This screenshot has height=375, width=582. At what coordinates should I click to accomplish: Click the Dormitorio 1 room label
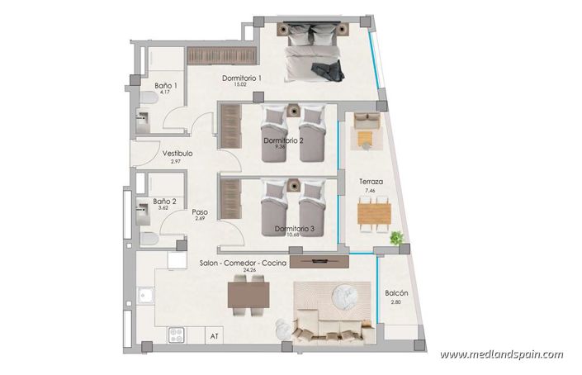242,78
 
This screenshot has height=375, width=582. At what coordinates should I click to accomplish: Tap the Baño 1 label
166,85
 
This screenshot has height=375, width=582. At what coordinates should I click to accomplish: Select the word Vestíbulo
177,153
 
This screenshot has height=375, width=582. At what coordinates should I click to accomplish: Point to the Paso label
199,211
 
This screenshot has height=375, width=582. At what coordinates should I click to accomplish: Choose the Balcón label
396,293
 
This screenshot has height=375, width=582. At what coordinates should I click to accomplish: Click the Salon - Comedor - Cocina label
243,263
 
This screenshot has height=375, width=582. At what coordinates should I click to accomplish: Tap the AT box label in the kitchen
215,336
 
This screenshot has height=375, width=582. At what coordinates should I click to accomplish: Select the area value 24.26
244,270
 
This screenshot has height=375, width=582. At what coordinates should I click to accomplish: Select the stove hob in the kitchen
176,335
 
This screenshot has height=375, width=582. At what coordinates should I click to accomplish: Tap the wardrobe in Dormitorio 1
219,56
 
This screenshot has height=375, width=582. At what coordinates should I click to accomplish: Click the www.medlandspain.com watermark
501,354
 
